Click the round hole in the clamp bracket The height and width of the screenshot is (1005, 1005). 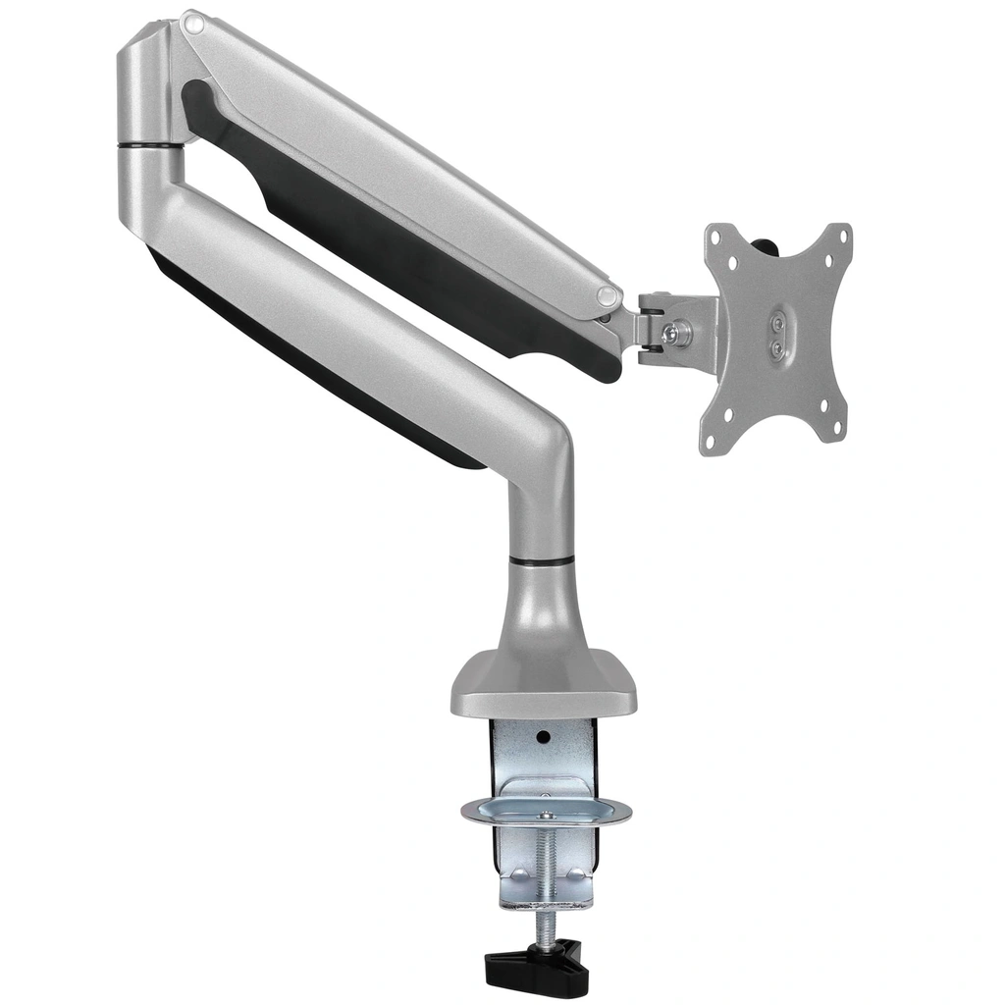(x=542, y=734)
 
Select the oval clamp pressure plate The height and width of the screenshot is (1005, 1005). (x=546, y=812)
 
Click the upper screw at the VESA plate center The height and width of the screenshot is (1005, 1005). (x=777, y=320)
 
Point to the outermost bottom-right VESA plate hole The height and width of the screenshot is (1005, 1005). (x=837, y=429)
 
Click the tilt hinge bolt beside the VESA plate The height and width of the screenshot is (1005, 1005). (x=675, y=333)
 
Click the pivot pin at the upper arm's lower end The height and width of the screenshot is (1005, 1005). (x=608, y=295)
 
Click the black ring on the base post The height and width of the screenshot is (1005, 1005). (x=542, y=560)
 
